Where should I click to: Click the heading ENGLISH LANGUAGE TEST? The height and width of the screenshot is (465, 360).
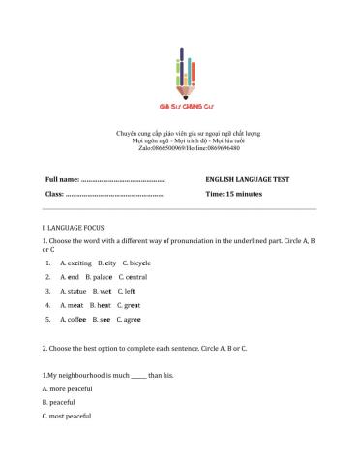(248, 180)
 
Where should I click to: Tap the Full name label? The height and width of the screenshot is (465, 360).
(62, 180)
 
